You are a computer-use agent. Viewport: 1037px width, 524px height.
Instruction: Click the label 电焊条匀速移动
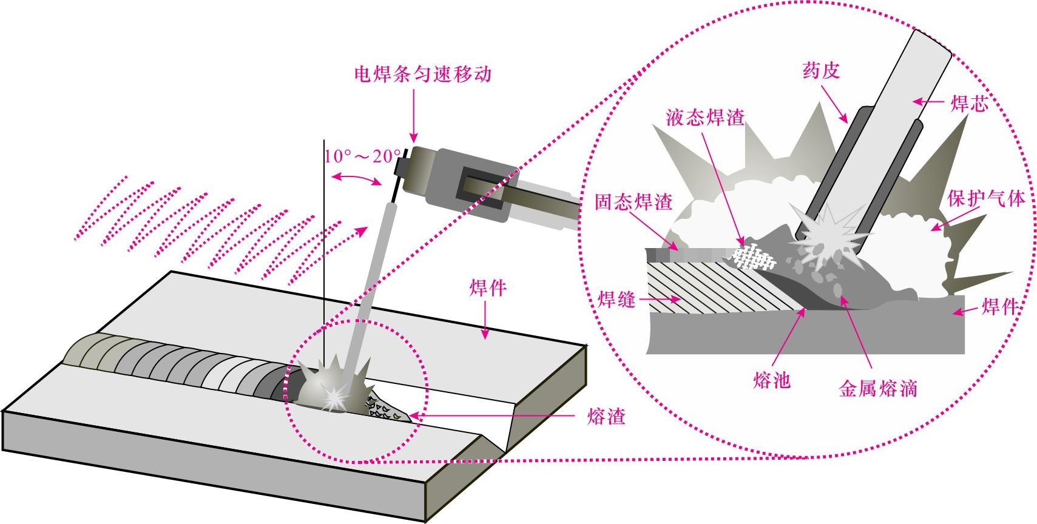[x=422, y=75]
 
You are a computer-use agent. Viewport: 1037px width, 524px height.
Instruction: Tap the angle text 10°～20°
[x=362, y=156]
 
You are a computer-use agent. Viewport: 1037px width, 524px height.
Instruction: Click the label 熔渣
[x=606, y=417]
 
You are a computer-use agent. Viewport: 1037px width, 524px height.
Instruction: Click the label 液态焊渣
[x=704, y=117]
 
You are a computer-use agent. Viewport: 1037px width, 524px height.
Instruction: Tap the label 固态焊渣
[x=633, y=202]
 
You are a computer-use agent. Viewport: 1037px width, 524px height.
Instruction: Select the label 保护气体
[x=986, y=199]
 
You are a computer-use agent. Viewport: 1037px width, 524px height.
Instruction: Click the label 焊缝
[x=616, y=299]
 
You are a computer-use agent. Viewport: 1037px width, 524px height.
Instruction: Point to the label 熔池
[x=772, y=380]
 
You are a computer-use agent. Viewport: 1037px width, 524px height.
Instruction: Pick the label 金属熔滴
[x=877, y=388]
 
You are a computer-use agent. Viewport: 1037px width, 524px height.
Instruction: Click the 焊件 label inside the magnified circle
[x=999, y=307]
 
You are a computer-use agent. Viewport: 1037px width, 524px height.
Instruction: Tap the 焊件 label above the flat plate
[x=488, y=288]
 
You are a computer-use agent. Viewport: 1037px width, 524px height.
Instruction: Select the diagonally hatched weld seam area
[x=716, y=285]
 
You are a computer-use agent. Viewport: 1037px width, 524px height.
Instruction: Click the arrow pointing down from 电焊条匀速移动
[x=414, y=115]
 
